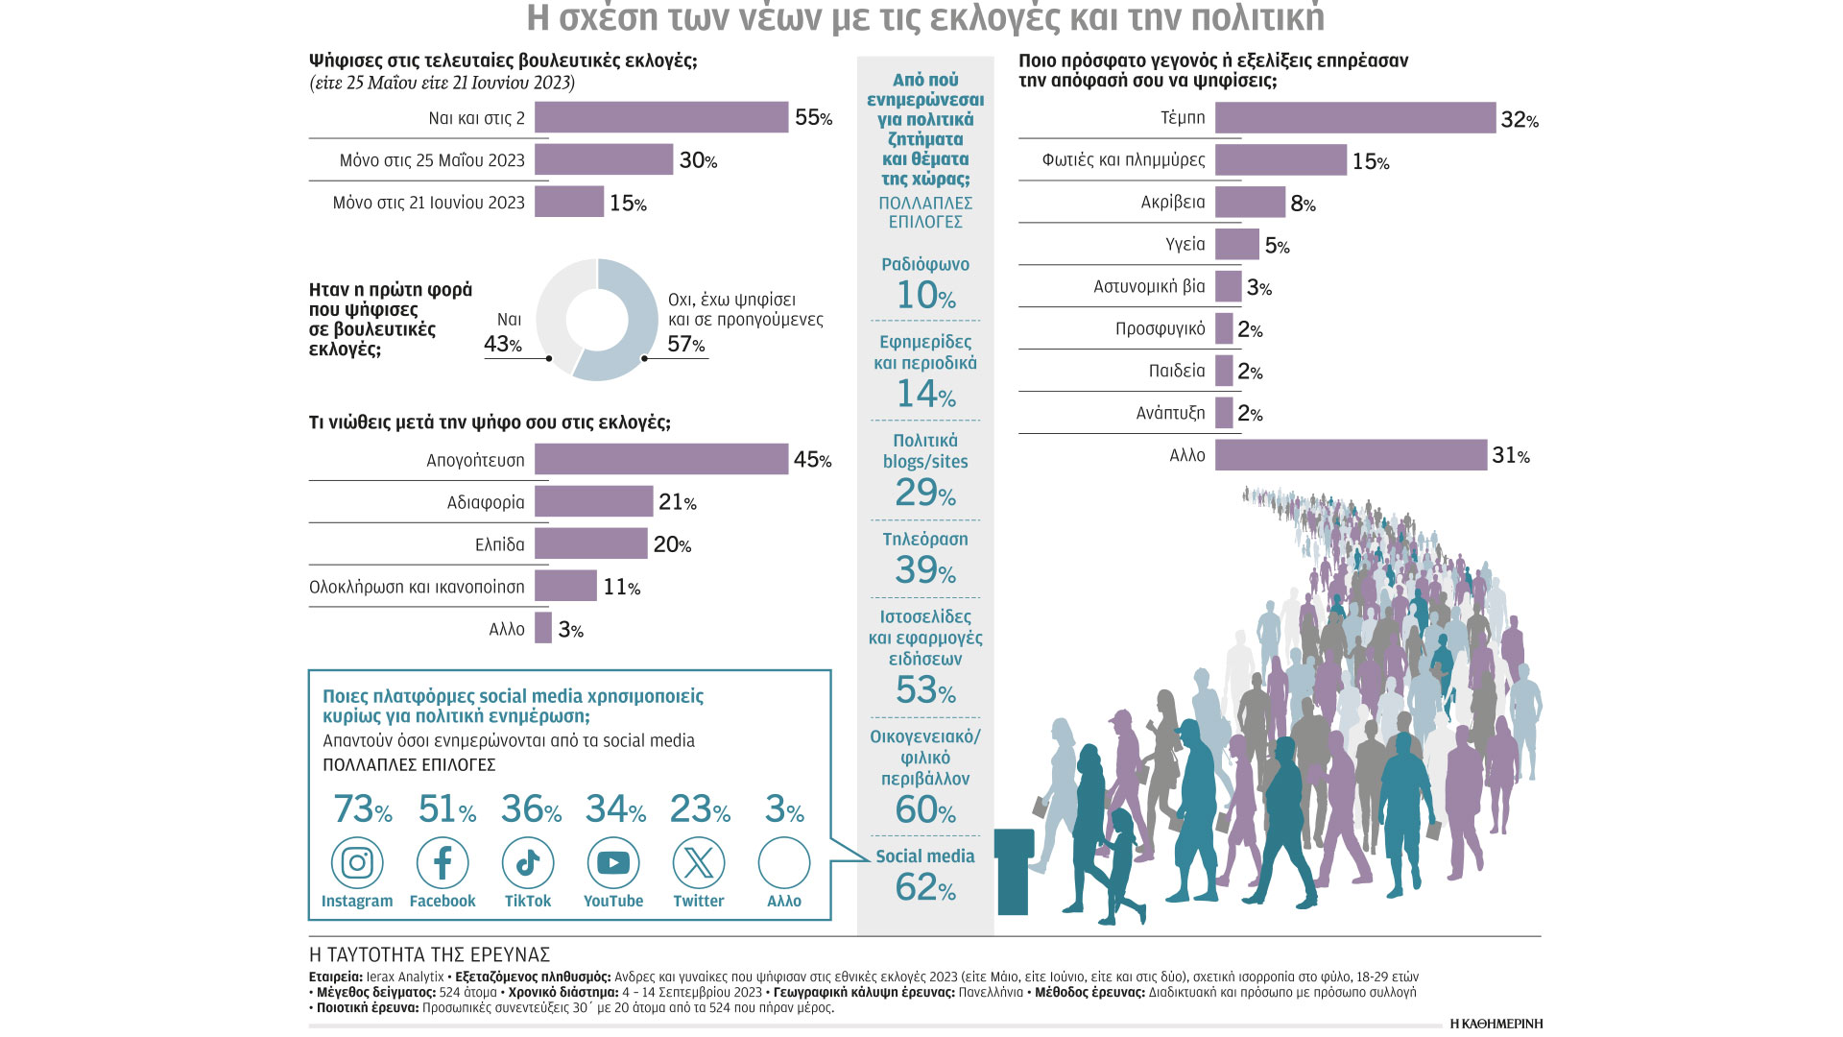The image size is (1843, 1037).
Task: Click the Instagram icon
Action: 357,863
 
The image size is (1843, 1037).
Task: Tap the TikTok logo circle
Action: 528,863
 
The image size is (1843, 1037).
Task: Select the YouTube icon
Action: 613,863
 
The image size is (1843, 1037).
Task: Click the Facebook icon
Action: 443,863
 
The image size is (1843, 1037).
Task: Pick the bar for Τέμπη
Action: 1354,118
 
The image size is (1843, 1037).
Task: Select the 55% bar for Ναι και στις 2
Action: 661,117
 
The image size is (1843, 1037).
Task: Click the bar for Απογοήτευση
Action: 661,459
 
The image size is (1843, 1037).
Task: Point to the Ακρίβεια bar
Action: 1250,203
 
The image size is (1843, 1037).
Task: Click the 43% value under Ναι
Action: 503,344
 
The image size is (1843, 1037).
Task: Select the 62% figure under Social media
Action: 925,887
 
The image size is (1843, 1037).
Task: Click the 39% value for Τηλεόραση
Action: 925,570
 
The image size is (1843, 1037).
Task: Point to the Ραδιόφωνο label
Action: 925,264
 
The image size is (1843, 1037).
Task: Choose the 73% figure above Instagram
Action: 362,809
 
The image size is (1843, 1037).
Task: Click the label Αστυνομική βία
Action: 1149,286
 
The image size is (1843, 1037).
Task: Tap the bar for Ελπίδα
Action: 591,543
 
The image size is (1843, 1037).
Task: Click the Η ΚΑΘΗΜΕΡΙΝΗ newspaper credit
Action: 1496,1024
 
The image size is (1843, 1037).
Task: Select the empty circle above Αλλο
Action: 784,863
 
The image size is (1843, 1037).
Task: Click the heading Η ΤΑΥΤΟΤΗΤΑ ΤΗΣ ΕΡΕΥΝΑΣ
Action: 429,954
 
